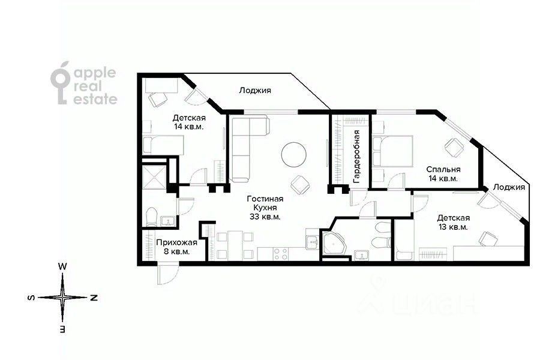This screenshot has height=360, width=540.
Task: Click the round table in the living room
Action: tap(294, 155)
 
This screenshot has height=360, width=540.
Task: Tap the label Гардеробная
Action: tap(356, 156)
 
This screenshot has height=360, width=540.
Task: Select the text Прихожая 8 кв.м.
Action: tap(176, 247)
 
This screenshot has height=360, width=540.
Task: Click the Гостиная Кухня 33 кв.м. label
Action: tap(265, 208)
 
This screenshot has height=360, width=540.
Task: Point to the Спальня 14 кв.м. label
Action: tap(443, 174)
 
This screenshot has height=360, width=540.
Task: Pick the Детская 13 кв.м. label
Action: tap(453, 223)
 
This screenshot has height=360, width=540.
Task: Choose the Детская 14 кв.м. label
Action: tap(189, 122)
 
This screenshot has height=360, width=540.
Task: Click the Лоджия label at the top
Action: tap(255, 90)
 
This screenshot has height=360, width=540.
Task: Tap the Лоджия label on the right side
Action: tap(509, 187)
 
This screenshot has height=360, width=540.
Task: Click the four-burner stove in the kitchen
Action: tap(281, 254)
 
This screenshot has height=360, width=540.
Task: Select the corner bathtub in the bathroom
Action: tap(335, 244)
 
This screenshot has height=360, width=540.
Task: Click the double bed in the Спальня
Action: tap(392, 151)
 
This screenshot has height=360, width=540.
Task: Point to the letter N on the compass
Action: tap(94, 298)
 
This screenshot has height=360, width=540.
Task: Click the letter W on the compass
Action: tap(62, 266)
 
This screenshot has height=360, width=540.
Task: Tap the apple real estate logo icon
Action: tap(60, 83)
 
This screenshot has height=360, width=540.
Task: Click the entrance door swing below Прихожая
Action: tap(168, 274)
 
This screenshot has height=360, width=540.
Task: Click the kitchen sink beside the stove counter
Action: tap(313, 242)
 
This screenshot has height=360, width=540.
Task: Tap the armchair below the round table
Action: tap(300, 184)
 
